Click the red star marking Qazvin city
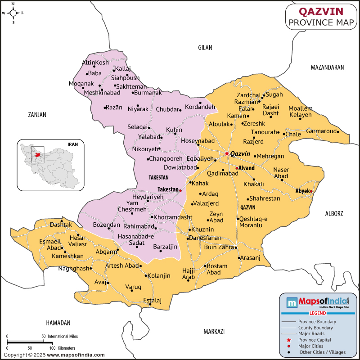(227, 153)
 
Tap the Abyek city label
(302, 191)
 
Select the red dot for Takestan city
(180, 190)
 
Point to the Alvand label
(247, 168)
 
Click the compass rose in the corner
(13, 13)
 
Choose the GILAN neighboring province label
(205, 47)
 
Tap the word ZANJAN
(37, 115)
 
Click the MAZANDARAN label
(327, 67)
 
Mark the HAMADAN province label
(58, 323)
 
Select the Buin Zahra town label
(219, 247)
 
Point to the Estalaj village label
(152, 300)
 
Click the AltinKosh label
(95, 63)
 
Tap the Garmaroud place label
(321, 131)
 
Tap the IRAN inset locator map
(50, 164)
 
